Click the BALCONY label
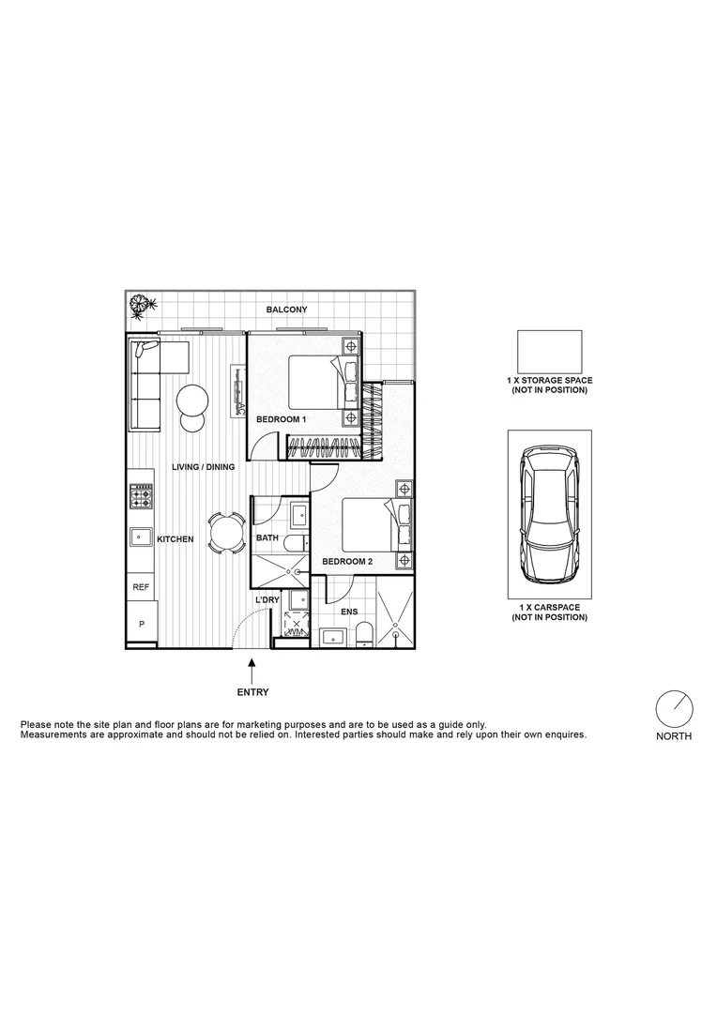(x=286, y=310)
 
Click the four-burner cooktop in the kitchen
(x=142, y=496)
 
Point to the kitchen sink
(x=142, y=537)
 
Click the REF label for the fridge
(x=141, y=587)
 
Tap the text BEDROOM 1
(x=282, y=419)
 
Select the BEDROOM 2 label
(x=347, y=561)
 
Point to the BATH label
(x=267, y=538)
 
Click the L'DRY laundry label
(x=267, y=599)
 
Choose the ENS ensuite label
(x=349, y=612)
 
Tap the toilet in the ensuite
(x=365, y=636)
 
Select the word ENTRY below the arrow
(x=252, y=693)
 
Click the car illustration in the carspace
(x=549, y=514)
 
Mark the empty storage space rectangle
(x=549, y=352)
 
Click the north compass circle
(x=673, y=709)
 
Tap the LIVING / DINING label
(x=203, y=466)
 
